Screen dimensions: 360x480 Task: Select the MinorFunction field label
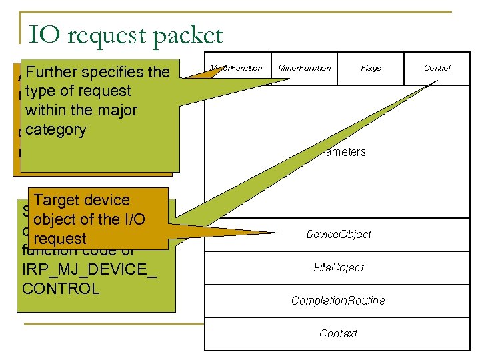[x=304, y=68]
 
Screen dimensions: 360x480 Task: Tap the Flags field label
[x=371, y=68]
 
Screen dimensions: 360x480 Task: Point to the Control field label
[x=437, y=68]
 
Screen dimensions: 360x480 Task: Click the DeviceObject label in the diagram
[x=339, y=235]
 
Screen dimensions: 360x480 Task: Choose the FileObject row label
[x=339, y=267]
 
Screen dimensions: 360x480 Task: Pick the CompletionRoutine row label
[x=338, y=301]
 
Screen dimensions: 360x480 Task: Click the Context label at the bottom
[x=338, y=333]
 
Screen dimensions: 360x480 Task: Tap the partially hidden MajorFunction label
[x=237, y=68]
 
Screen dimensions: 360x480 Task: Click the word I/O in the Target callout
[x=131, y=219]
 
